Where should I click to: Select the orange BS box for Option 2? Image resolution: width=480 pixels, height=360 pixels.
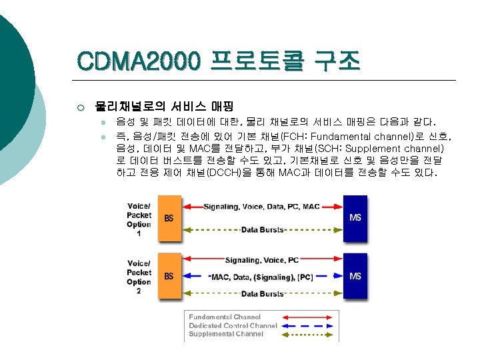[x=169, y=276]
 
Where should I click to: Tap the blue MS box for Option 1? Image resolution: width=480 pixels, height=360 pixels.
[x=355, y=217]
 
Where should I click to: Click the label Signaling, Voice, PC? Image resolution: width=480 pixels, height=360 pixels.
[x=262, y=260]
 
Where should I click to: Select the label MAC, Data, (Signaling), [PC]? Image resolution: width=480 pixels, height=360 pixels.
[x=262, y=277]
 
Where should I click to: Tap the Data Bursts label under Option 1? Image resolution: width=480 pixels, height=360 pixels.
[x=262, y=230]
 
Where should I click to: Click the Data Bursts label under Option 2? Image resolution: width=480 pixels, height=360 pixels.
[x=262, y=294]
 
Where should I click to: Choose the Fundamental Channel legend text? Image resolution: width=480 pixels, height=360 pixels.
[x=225, y=317]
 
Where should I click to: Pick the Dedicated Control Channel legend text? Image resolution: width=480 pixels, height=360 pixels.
[x=233, y=325]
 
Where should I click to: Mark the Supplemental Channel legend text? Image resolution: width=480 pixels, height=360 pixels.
[x=226, y=333]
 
